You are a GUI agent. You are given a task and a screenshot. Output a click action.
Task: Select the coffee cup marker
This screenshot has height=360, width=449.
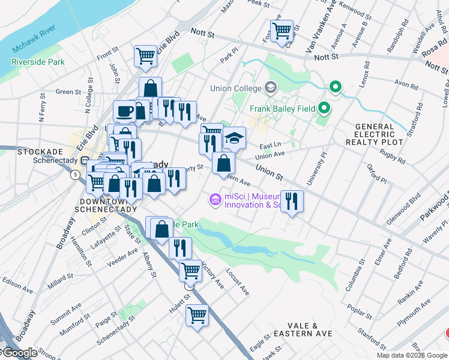pos(125,110)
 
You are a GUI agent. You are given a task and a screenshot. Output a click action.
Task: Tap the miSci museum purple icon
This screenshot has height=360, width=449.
pos(214,199)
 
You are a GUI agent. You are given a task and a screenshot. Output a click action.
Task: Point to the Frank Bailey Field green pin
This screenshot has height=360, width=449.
pos(325,109)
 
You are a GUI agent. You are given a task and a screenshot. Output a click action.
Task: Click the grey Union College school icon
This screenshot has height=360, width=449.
pos(271,88)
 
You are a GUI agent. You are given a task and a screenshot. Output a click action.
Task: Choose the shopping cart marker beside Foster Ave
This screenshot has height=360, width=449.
pos(282,31)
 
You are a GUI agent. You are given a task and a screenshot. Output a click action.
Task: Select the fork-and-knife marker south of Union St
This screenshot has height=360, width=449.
pos(292,201)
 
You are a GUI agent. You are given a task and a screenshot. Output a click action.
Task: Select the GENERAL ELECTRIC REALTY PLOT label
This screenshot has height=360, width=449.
pos(384,134)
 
